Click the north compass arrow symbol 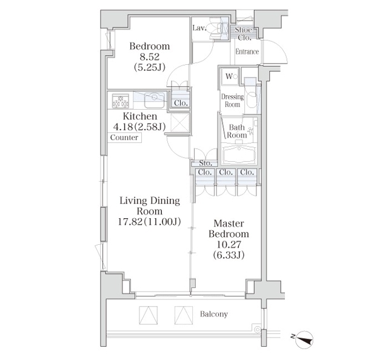[x=303, y=339]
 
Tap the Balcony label [x=214, y=314]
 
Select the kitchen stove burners [x=121, y=101]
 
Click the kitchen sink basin [x=155, y=100]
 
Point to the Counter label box [x=124, y=138]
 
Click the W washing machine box [x=230, y=76]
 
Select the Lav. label [x=199, y=28]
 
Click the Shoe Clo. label [x=244, y=34]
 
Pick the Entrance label [x=247, y=52]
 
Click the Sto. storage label [x=206, y=163]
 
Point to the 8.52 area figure [x=150, y=57]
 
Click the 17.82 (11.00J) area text [x=149, y=221]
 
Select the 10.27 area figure [x=229, y=244]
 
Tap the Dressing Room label [x=232, y=100]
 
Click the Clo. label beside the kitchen [x=181, y=103]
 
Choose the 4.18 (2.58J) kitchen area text [x=139, y=127]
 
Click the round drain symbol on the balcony [x=257, y=330]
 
